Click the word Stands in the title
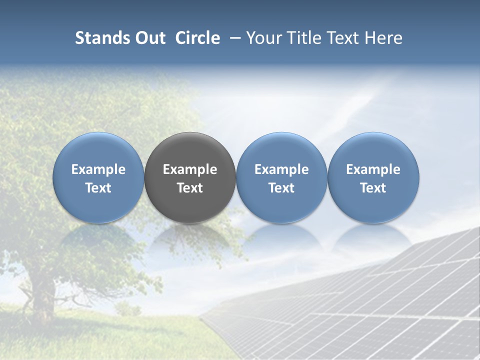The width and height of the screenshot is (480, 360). click(x=103, y=38)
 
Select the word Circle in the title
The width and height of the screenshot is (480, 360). click(x=197, y=38)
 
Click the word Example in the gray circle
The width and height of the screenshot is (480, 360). click(x=190, y=169)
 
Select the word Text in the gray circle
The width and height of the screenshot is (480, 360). click(x=190, y=188)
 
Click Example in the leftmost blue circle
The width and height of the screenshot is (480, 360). click(x=98, y=169)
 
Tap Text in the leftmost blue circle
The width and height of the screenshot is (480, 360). click(x=98, y=188)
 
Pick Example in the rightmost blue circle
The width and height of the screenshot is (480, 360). click(x=373, y=169)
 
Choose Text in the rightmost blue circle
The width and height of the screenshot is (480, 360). click(x=373, y=188)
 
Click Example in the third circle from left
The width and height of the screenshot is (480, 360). click(x=281, y=169)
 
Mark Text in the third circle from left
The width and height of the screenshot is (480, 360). click(x=281, y=188)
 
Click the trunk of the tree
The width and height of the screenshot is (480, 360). click(x=44, y=295)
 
